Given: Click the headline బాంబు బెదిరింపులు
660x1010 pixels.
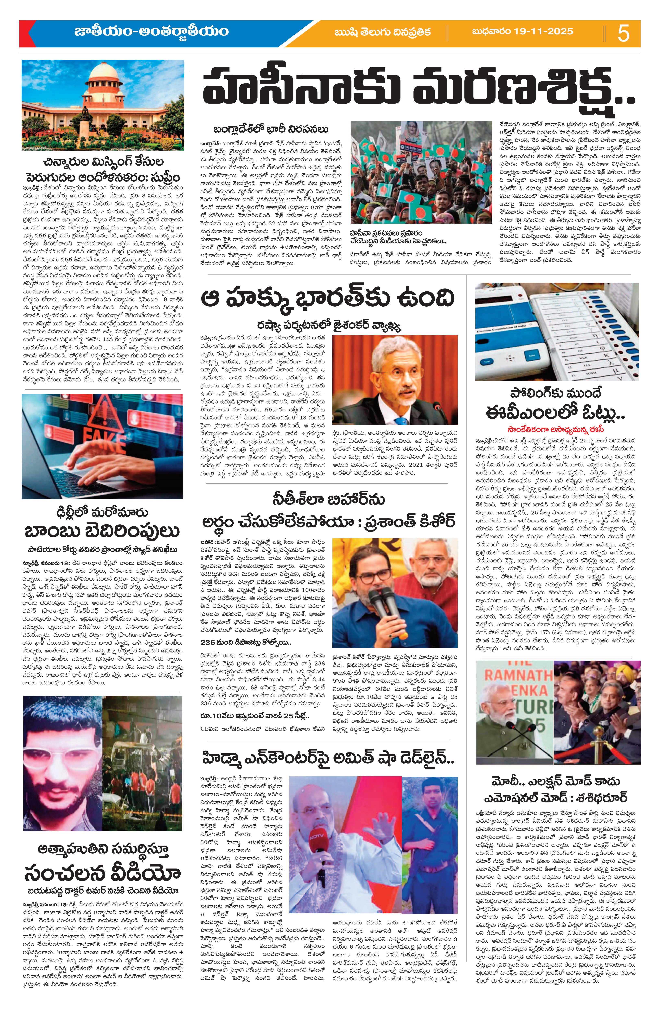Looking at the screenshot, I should (102, 531).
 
